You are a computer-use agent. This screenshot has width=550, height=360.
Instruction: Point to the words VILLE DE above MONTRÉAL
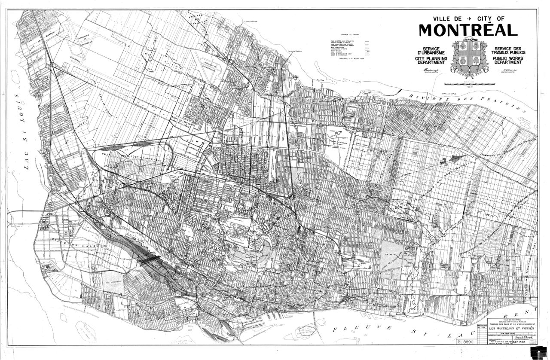[x=447, y=18]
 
